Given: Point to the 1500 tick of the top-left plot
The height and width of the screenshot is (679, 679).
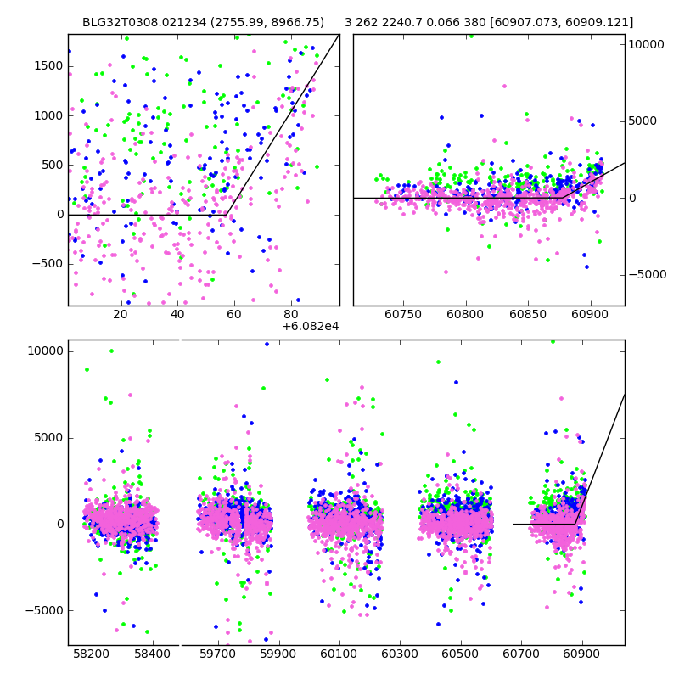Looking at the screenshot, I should [x=49, y=66].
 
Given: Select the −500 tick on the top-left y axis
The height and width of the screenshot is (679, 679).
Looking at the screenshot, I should [x=46, y=264].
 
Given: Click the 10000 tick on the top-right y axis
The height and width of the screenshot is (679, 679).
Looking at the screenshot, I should [x=647, y=44].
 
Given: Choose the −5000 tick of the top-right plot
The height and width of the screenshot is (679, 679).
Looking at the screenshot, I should [x=647, y=275].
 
